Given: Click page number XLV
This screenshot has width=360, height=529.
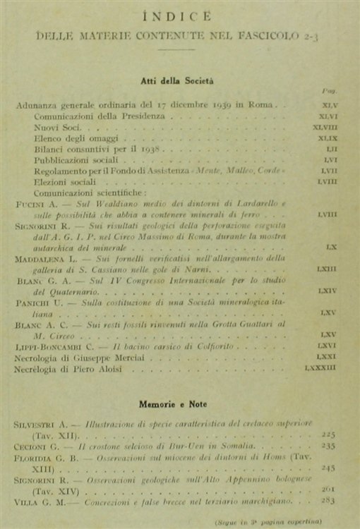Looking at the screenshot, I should tap(328, 105).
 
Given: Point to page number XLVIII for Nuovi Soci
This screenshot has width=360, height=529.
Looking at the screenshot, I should tap(325, 128).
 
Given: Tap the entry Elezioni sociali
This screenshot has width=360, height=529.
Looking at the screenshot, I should tap(67, 183).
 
